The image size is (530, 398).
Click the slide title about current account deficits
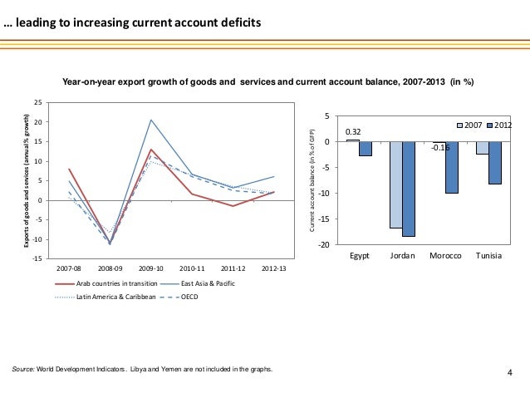pos(133,22)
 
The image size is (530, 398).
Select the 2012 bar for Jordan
pos(409,189)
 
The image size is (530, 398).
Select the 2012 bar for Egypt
pos(366,148)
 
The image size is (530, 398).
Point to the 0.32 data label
pos(353,131)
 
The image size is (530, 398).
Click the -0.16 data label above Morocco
pos(440,148)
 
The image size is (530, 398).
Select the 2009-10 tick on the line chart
pos(151,269)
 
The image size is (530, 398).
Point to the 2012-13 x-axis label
pos(273,269)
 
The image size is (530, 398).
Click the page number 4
pos(510,371)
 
